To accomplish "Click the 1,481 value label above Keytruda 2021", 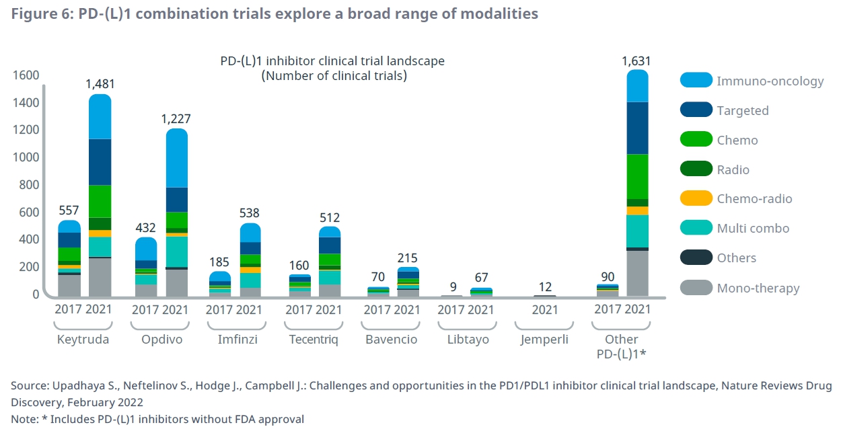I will click(x=100, y=84).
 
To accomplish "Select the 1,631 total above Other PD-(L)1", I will click(x=637, y=61).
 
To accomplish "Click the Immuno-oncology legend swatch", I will click(x=696, y=81).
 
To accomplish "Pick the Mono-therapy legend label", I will click(x=758, y=288).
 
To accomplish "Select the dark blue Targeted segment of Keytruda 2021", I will click(x=100, y=162).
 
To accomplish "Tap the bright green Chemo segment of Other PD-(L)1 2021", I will click(x=637, y=177).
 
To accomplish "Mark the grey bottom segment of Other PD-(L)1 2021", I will click(x=637, y=273).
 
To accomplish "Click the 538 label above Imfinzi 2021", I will click(x=249, y=214).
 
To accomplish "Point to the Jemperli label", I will click(x=544, y=340).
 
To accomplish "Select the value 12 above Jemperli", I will click(x=544, y=286).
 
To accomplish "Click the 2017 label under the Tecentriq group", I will click(x=298, y=310).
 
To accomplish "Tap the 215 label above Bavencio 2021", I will click(x=408, y=258).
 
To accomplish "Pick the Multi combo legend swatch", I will click(x=696, y=229).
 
